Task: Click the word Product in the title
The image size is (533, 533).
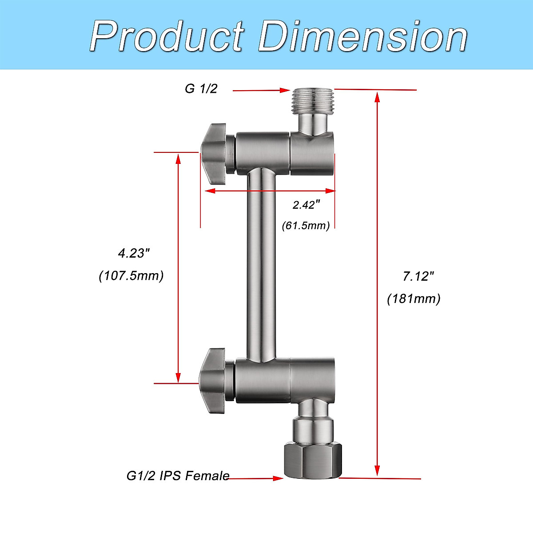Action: [x=167, y=36]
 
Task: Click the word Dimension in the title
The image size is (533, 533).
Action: [x=362, y=36]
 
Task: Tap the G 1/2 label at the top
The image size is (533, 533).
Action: [x=201, y=89]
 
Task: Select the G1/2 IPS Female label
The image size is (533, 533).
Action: [x=178, y=476]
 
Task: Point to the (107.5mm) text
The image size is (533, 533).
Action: [x=131, y=275]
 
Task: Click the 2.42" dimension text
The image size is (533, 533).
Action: [x=306, y=205]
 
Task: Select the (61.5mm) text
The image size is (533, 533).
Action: [x=306, y=226]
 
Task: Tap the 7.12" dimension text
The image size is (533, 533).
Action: [x=418, y=276]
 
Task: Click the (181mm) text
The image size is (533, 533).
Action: [x=414, y=298]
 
